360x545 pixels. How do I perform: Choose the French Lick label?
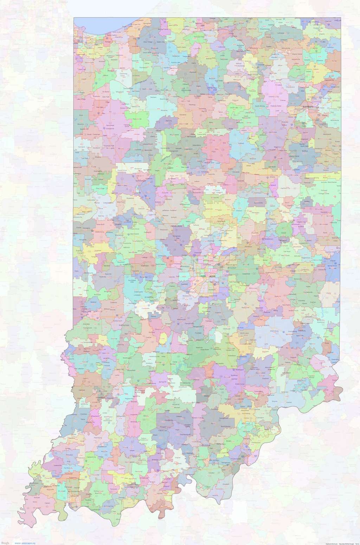coord(162,430)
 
